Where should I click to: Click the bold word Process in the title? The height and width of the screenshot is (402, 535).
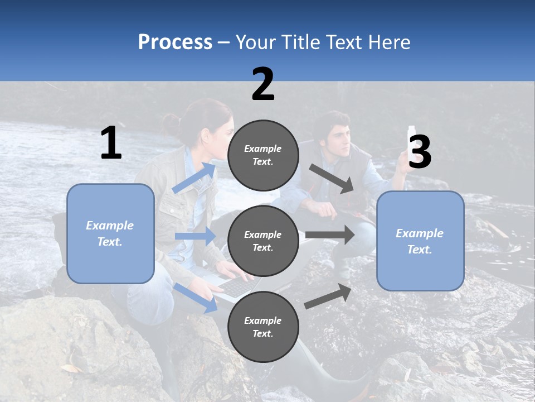[175, 42]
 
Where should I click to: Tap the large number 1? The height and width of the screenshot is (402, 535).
[111, 144]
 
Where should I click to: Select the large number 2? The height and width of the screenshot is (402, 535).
[263, 85]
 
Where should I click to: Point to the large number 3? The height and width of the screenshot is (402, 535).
[420, 153]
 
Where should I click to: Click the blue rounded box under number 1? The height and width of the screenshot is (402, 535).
[110, 233]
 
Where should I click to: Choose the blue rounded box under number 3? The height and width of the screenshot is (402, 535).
[420, 241]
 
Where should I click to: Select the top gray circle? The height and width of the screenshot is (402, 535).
[263, 155]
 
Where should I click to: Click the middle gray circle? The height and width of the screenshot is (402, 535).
[263, 241]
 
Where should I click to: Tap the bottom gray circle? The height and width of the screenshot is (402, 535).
[263, 327]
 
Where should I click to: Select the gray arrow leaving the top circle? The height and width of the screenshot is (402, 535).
[332, 178]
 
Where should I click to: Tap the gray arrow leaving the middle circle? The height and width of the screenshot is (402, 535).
[329, 235]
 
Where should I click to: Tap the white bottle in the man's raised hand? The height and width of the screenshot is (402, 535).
[412, 135]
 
